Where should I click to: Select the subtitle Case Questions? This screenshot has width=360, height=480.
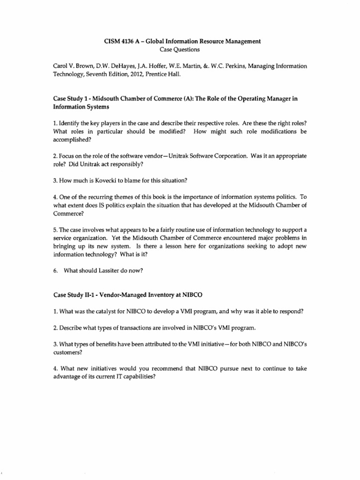(182, 49)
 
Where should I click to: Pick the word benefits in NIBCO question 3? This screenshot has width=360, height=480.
(104, 344)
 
